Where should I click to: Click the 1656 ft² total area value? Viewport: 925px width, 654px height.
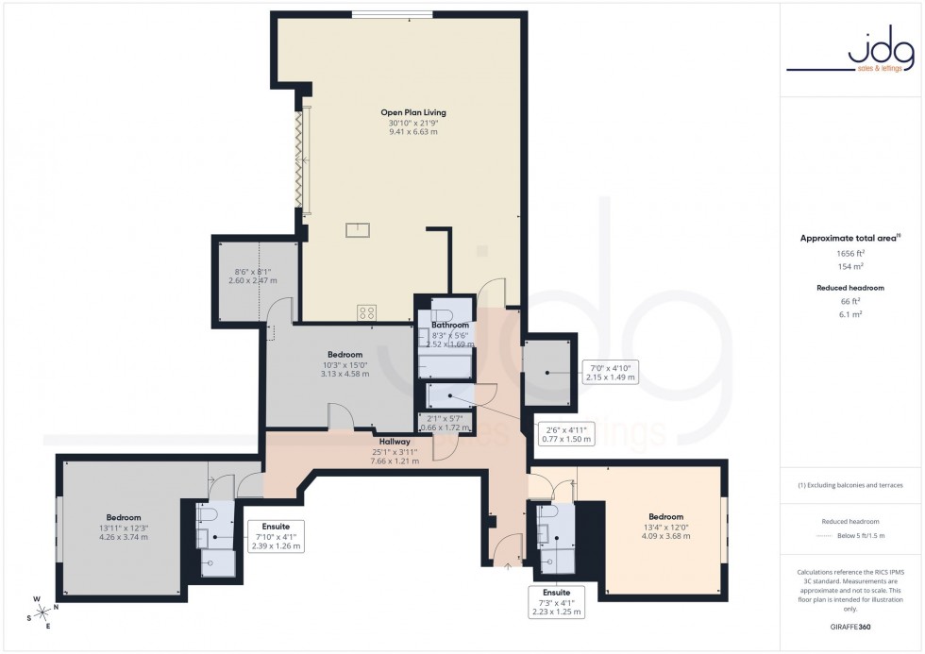point(850,254)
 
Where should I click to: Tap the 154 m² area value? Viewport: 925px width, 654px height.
point(850,267)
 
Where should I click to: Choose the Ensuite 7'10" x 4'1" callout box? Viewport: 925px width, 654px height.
point(276,535)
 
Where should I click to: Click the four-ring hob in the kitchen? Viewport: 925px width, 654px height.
point(367,312)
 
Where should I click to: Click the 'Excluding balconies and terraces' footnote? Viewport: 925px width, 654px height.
point(850,485)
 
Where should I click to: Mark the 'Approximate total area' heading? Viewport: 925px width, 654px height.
point(849,238)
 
